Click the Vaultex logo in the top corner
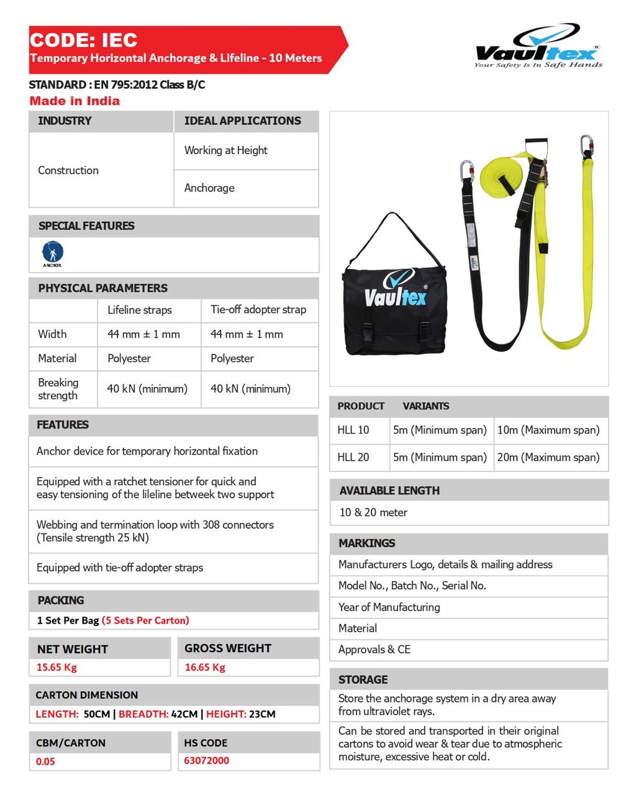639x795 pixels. (x=538, y=47)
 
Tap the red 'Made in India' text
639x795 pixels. (x=75, y=101)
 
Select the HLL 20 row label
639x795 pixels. (x=353, y=457)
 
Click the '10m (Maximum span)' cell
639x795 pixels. (x=548, y=430)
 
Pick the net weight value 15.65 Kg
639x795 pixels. (x=57, y=667)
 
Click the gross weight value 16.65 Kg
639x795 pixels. (x=205, y=667)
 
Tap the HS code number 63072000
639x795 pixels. (x=207, y=760)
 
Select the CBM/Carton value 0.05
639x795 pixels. (x=45, y=761)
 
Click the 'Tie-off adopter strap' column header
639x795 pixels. (x=258, y=309)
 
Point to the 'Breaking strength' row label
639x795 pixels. (x=58, y=389)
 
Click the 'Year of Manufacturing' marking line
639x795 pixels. (x=389, y=607)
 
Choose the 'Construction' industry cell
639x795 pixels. (x=68, y=170)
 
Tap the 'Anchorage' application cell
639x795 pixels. (x=209, y=188)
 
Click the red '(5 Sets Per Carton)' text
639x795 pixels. (x=145, y=620)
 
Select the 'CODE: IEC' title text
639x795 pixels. (x=83, y=40)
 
